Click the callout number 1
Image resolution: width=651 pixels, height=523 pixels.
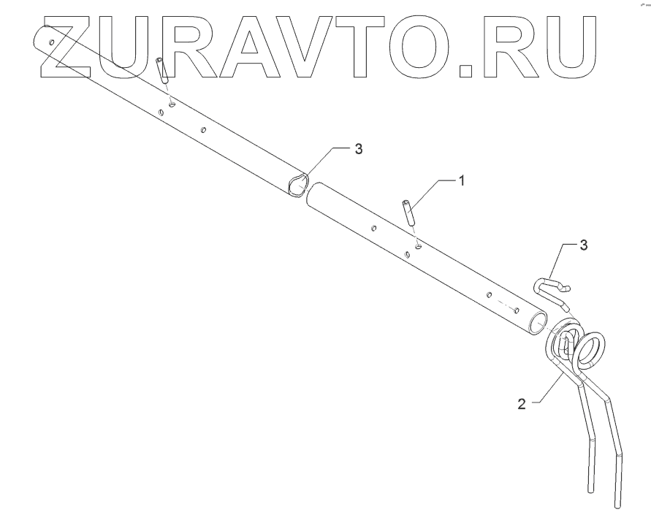(461, 179)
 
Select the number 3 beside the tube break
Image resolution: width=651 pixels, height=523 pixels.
(357, 149)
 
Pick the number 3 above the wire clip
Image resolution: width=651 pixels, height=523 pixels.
(583, 245)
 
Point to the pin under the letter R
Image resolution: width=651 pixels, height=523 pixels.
(162, 70)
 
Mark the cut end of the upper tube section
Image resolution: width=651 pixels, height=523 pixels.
(297, 185)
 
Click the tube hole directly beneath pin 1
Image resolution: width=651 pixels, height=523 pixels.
(417, 246)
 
